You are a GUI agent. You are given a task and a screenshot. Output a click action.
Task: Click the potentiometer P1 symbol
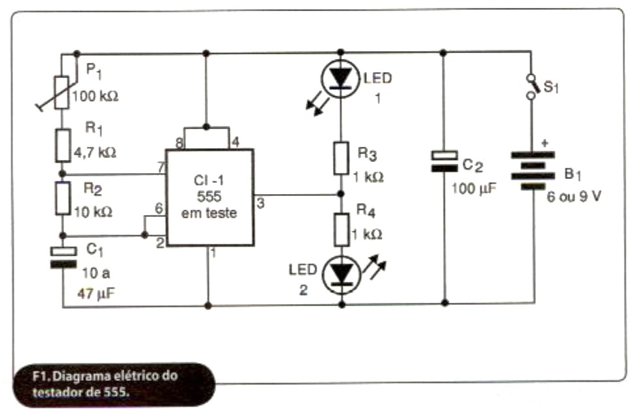click(x=60, y=92)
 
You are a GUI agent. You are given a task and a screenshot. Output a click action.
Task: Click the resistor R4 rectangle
click(x=339, y=227)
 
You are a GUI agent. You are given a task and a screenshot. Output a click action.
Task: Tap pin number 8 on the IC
click(x=179, y=142)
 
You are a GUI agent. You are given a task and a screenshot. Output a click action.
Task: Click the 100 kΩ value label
click(x=96, y=96)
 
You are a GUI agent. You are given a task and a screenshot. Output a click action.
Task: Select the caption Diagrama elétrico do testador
click(x=105, y=384)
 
